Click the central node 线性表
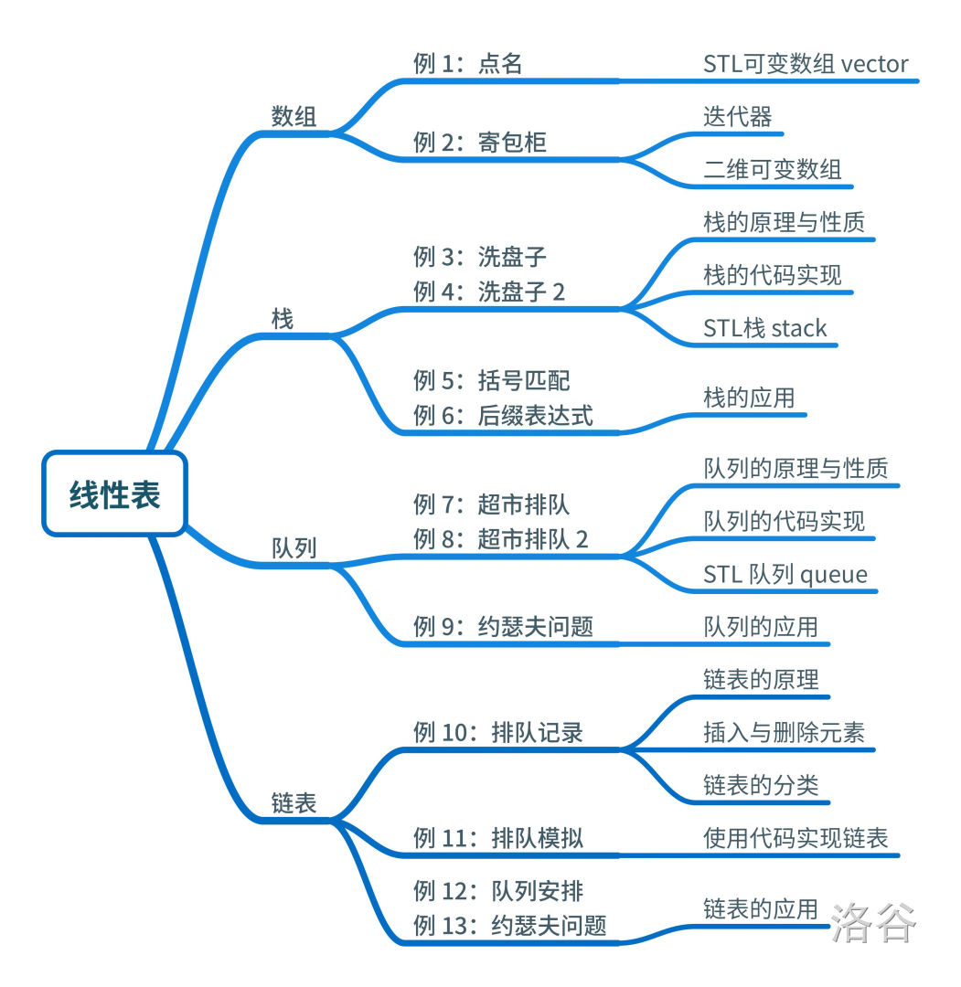tap(115, 493)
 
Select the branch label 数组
tap(294, 117)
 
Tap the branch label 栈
tap(283, 320)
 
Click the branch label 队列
tap(294, 548)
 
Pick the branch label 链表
tap(294, 803)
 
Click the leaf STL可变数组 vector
tap(806, 64)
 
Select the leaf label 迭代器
tap(738, 117)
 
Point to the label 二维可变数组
tap(773, 170)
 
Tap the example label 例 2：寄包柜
tap(480, 143)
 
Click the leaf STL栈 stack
tap(765, 329)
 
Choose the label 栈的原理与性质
tap(785, 223)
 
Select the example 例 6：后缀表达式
tap(503, 416)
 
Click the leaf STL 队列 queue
tap(785, 575)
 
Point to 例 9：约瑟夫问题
tap(503, 627)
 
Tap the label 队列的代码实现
tap(785, 522)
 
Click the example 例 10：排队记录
tap(498, 733)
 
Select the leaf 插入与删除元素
tap(785, 733)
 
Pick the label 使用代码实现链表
tap(795, 838)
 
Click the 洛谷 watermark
tap(873, 923)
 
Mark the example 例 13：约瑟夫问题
tap(510, 926)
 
